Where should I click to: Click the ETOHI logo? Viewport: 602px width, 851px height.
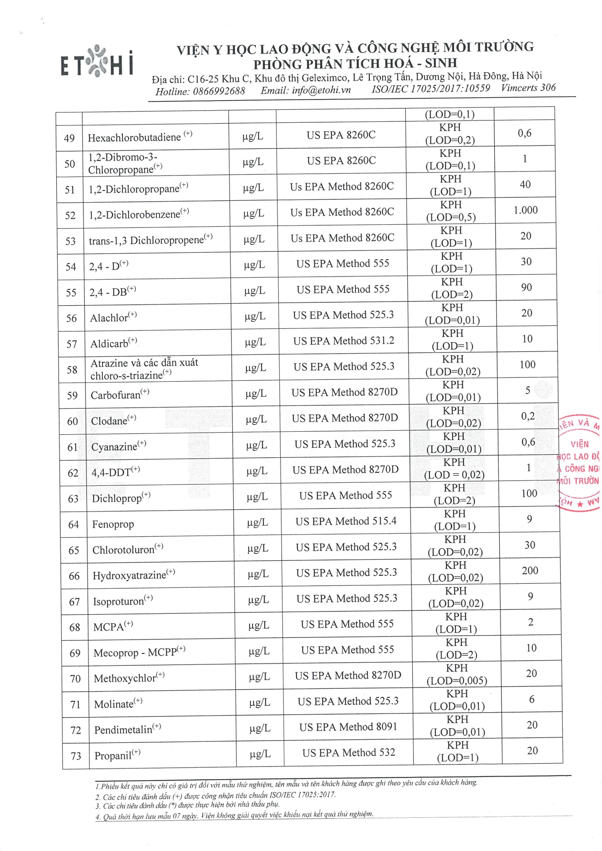click(x=97, y=62)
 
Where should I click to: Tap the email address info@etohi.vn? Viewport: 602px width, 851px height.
click(x=305, y=90)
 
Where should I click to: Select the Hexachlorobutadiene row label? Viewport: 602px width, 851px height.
click(x=134, y=137)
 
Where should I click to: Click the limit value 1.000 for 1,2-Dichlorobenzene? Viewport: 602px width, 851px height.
click(x=525, y=210)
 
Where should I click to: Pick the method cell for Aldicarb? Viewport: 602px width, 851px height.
click(x=344, y=341)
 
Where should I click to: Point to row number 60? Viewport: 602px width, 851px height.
click(x=72, y=421)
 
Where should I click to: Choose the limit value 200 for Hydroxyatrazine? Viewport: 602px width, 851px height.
click(x=530, y=570)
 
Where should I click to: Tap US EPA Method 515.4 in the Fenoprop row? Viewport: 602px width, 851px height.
click(x=346, y=521)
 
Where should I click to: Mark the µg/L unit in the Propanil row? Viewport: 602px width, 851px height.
click(x=260, y=754)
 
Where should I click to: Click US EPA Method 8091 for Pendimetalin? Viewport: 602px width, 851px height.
click(x=348, y=727)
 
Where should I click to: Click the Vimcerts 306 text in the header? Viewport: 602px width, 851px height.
click(x=528, y=88)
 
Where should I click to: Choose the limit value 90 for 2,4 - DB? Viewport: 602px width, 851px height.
click(x=526, y=288)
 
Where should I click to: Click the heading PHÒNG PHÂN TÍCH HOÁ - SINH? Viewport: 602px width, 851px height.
click(x=355, y=64)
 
